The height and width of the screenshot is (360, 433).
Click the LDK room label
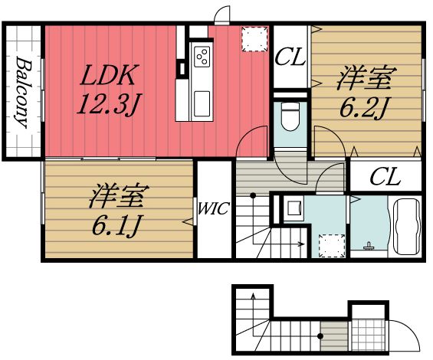point(108,74)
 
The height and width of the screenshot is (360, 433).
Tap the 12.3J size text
point(109,104)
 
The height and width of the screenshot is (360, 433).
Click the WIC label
point(214,208)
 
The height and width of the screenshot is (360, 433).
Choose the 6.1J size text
point(116,225)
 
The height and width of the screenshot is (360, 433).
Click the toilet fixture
point(290,116)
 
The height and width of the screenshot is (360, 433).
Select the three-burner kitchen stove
point(202,57)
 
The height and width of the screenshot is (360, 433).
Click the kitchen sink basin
point(202,103)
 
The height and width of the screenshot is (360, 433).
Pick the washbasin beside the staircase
point(292,208)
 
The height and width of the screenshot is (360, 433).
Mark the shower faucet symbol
point(368,247)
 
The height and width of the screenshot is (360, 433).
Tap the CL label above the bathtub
point(385,176)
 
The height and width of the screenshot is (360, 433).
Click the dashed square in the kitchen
point(254,38)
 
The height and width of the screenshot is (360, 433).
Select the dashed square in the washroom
point(332,246)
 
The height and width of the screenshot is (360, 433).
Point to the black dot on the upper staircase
point(253,196)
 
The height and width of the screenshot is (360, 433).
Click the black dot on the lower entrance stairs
point(320,336)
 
